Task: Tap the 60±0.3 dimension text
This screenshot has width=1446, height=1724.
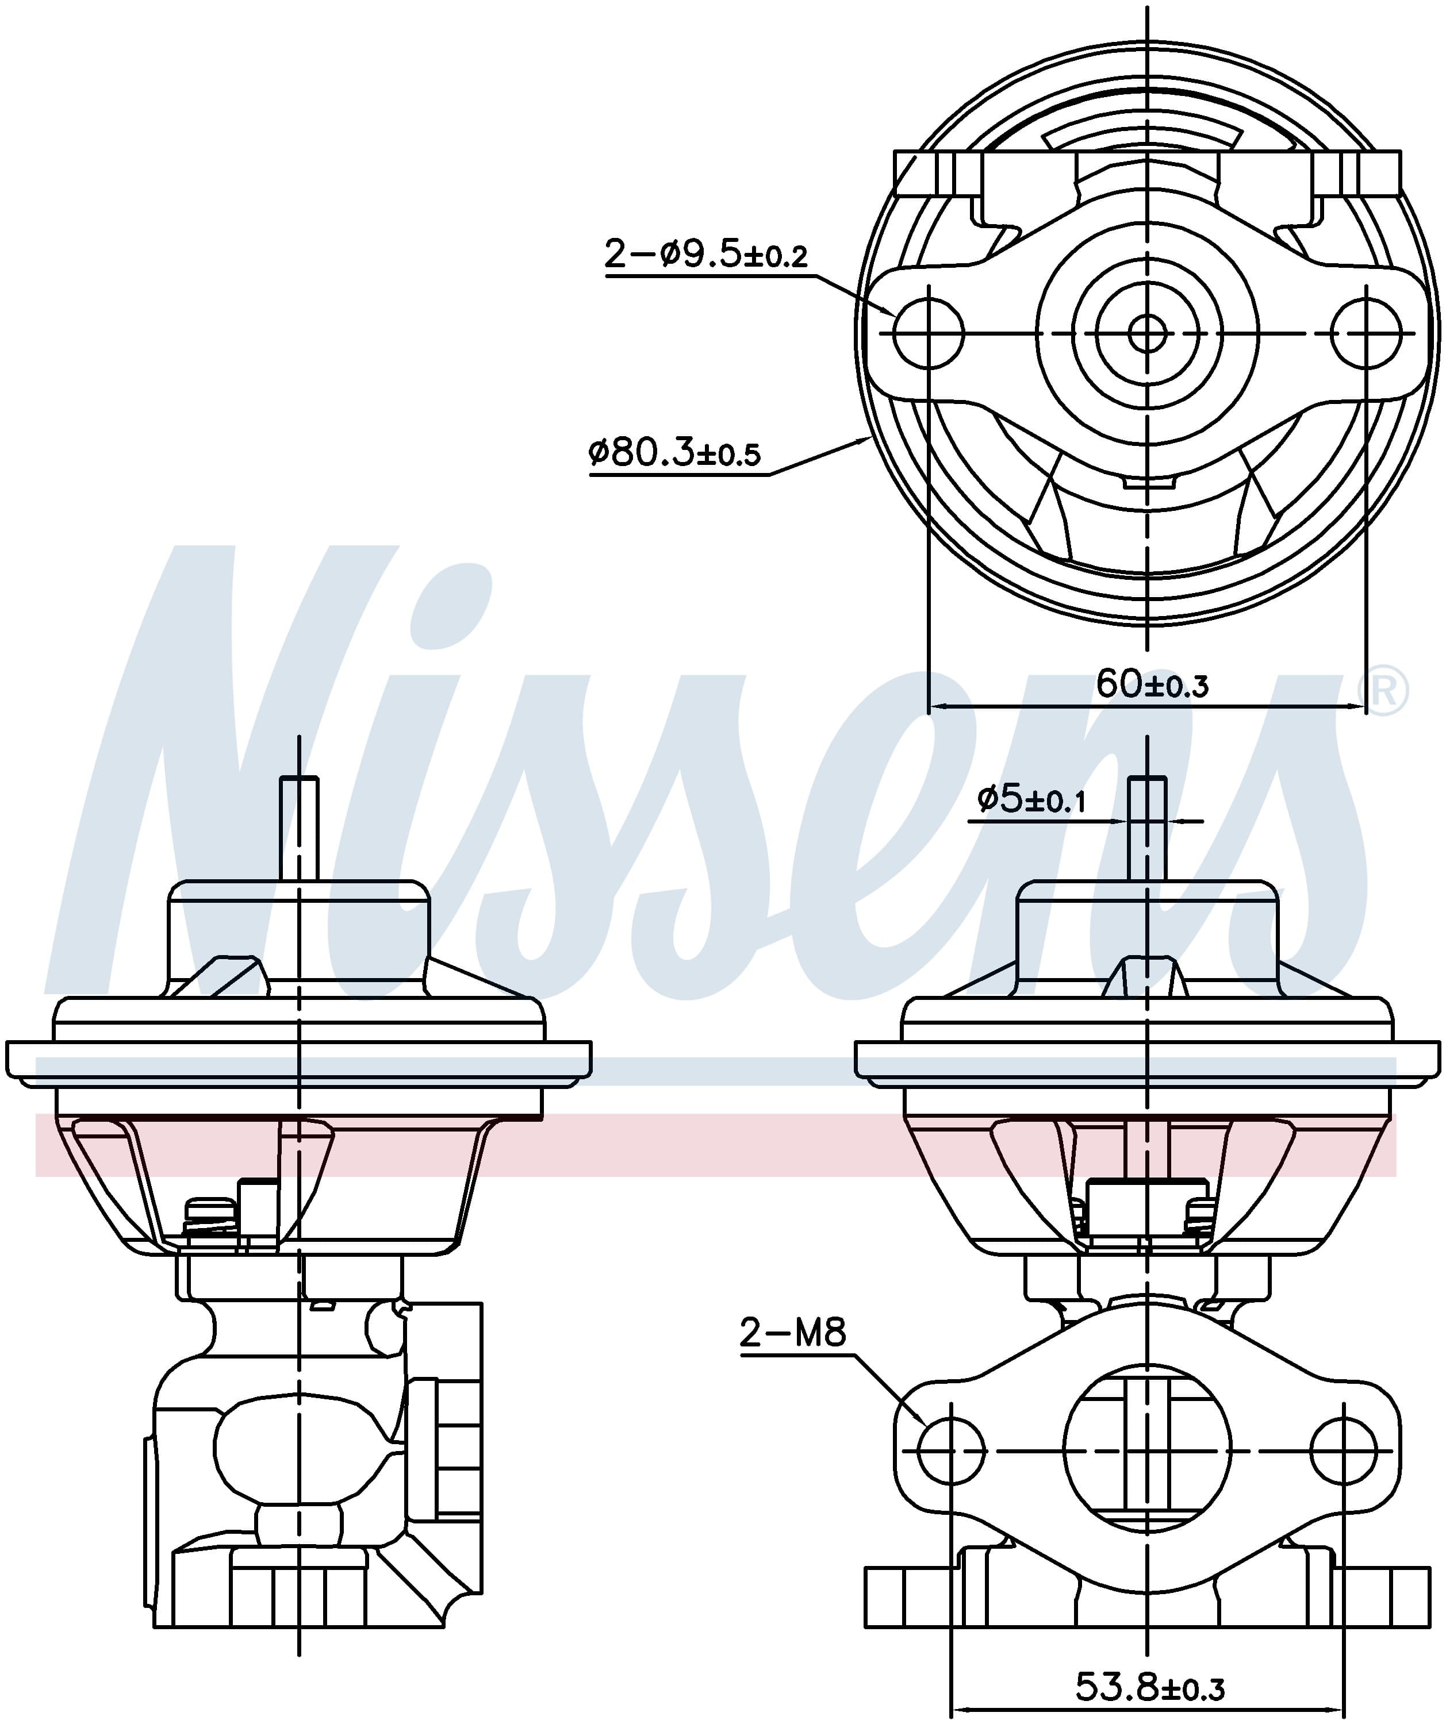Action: pos(1152,684)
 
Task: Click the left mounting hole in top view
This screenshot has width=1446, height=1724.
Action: pos(928,333)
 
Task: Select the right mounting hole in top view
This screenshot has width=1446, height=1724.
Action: pos(1366,333)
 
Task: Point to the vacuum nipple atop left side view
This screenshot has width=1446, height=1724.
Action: pos(299,825)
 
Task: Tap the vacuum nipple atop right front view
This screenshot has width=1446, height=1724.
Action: pos(1147,825)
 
